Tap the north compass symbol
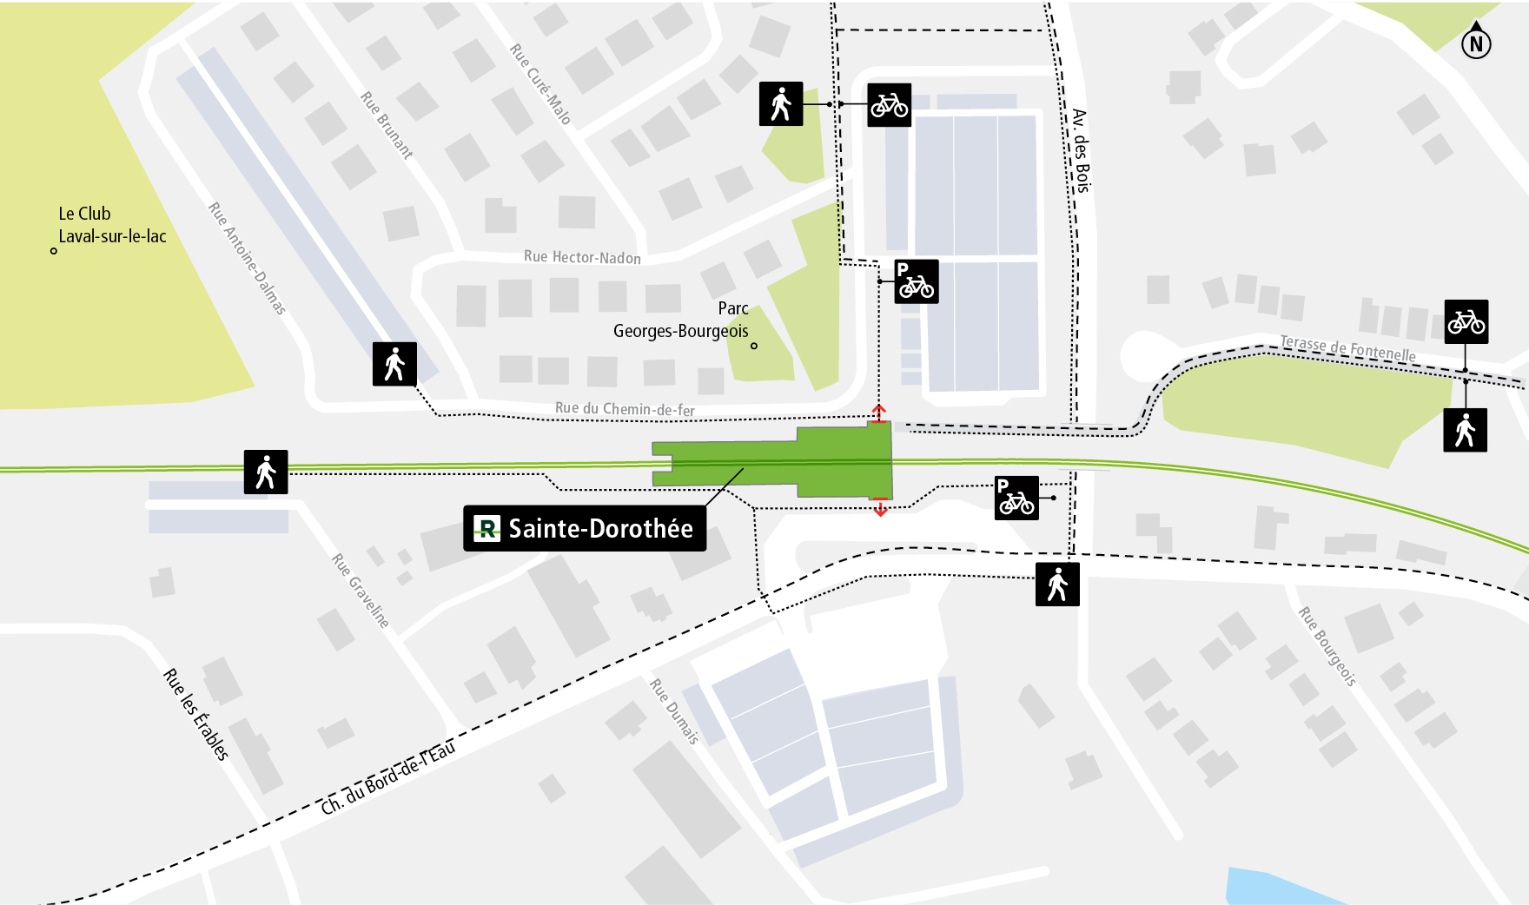tap(1476, 43)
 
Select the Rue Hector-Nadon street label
tap(582, 257)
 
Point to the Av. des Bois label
tap(1080, 150)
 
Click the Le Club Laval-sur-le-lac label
tap(111, 225)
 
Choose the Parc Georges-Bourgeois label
tap(681, 320)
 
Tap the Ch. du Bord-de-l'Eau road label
tap(387, 778)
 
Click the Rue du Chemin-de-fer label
tap(625, 409)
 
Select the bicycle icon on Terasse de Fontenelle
tap(1466, 322)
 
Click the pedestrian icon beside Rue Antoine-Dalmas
tap(394, 364)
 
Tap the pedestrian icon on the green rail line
tap(266, 472)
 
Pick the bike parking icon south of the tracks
tap(1016, 499)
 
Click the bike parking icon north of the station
tap(917, 281)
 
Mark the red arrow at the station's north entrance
tap(879, 413)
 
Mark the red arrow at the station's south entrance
tap(880, 508)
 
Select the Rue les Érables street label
tap(196, 716)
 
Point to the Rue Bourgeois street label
tap(1327, 646)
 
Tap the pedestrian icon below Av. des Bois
tap(1057, 585)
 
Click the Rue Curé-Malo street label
tap(539, 83)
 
